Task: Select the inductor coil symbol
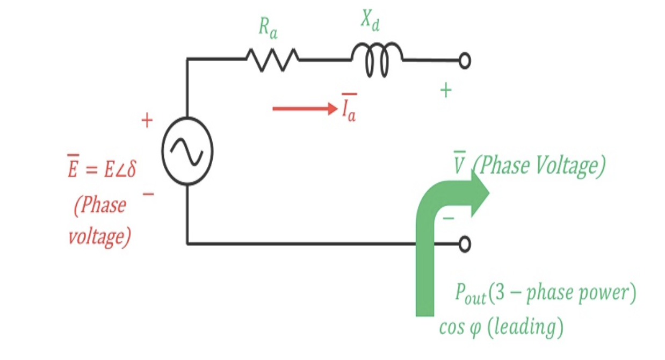377,59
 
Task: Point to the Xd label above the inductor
370,21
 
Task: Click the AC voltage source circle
187,151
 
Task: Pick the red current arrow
304,109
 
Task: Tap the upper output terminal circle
465,61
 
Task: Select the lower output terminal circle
465,244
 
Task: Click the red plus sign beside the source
147,121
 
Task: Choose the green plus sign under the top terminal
445,91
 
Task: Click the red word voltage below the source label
99,236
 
